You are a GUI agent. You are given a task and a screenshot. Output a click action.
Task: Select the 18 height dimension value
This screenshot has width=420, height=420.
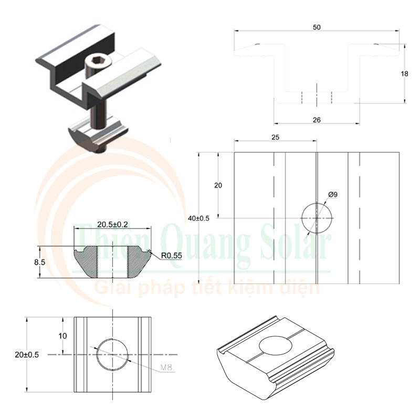click(x=404, y=73)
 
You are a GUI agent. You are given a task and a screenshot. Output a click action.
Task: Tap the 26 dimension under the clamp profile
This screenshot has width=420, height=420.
click(x=316, y=120)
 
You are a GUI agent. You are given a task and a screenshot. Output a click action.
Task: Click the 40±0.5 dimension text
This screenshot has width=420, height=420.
click(x=198, y=218)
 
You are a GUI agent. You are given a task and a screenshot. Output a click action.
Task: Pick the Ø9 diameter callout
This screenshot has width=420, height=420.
click(x=332, y=195)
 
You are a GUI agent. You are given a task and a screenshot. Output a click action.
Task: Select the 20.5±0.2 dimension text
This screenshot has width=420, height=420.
click(x=112, y=224)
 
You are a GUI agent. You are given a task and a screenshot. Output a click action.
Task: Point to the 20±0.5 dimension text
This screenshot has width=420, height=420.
click(x=27, y=354)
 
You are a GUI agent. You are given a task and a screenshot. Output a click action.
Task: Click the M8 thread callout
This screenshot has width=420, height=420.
click(x=167, y=368)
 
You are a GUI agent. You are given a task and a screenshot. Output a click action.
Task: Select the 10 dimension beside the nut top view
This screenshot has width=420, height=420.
click(x=62, y=335)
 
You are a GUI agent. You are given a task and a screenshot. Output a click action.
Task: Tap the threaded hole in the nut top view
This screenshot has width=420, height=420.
click(x=112, y=354)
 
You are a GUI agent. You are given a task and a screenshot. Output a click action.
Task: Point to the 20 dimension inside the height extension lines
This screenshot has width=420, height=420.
click(x=218, y=185)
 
